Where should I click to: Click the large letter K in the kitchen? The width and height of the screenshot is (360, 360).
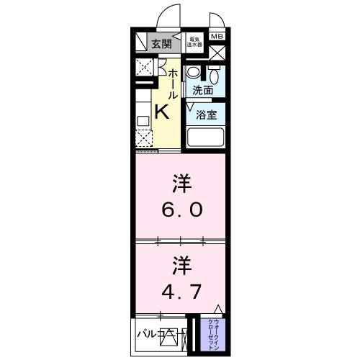(x=161, y=112)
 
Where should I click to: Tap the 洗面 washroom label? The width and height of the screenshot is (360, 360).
(x=202, y=91)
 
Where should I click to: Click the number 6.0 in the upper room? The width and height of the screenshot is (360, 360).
(x=181, y=210)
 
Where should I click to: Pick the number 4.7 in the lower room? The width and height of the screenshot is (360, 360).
(x=181, y=292)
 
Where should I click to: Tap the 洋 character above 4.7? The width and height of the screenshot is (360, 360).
(x=180, y=264)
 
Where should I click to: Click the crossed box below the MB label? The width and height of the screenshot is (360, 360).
(x=217, y=53)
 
